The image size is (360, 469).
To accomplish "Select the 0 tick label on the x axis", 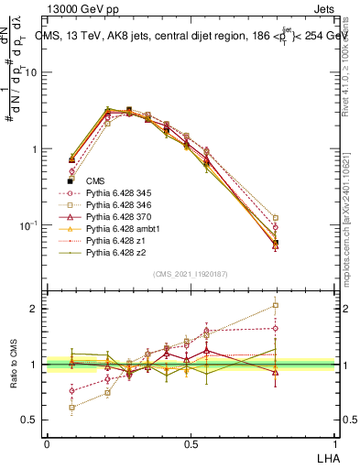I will pos(47,442).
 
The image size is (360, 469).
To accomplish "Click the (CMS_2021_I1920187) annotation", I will pos(190,273).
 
